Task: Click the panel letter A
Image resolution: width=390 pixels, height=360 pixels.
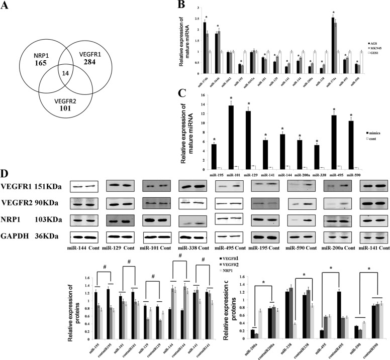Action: (x=9, y=8)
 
